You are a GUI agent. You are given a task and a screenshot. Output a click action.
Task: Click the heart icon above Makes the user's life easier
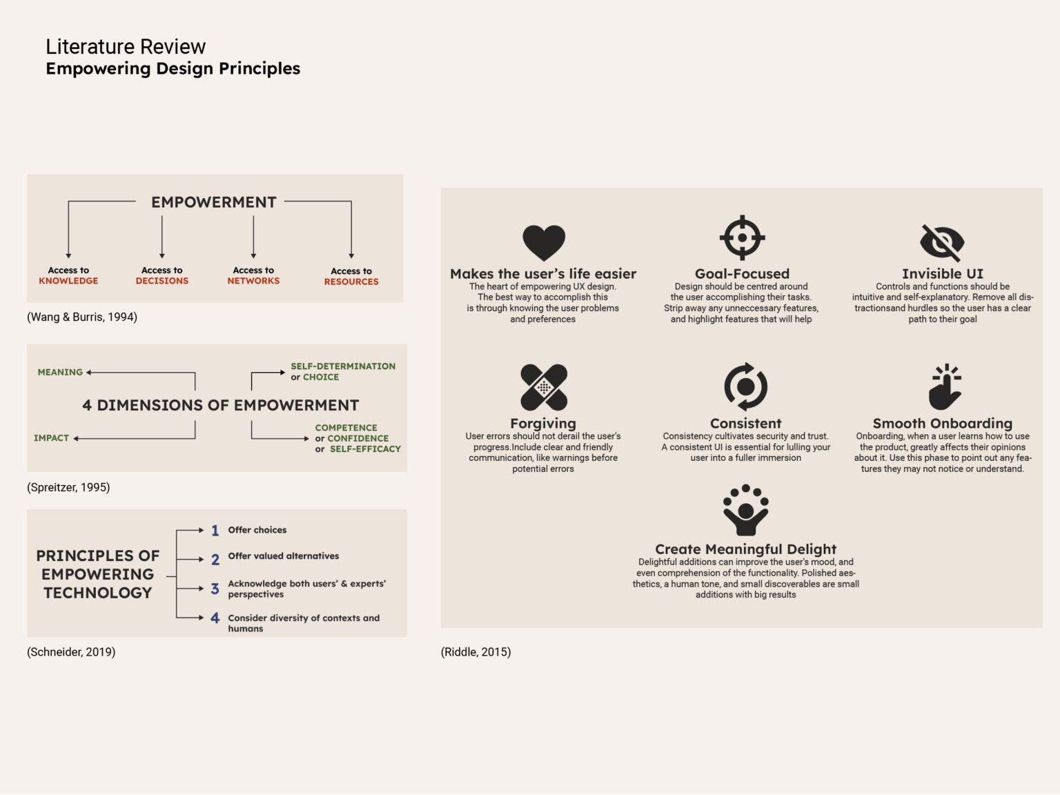pyautogui.click(x=544, y=242)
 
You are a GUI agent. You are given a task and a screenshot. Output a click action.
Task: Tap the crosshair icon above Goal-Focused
pyautogui.click(x=742, y=238)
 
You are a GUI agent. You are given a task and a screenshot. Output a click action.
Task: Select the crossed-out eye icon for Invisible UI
pyautogui.click(x=942, y=242)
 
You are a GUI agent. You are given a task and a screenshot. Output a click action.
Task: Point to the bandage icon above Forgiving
pyautogui.click(x=544, y=387)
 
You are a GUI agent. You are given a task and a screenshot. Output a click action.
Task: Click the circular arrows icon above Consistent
pyautogui.click(x=745, y=387)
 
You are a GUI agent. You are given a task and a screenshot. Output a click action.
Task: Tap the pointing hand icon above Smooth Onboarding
pyautogui.click(x=945, y=387)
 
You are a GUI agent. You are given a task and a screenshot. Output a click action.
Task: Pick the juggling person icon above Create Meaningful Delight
pyautogui.click(x=745, y=511)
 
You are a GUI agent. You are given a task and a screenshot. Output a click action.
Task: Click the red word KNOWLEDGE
pyautogui.click(x=68, y=281)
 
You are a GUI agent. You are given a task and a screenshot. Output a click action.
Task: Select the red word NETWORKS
pyautogui.click(x=253, y=281)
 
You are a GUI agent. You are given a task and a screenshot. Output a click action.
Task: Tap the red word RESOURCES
pyautogui.click(x=351, y=282)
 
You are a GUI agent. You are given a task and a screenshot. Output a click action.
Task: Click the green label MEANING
pyautogui.click(x=60, y=372)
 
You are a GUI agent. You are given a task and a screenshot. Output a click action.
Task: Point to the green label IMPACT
pyautogui.click(x=51, y=438)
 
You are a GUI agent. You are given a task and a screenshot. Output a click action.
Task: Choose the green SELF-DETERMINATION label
pyautogui.click(x=343, y=366)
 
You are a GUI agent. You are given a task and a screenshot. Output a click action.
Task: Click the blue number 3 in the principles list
pyautogui.click(x=215, y=589)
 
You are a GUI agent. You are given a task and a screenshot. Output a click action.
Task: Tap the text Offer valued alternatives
pyautogui.click(x=284, y=556)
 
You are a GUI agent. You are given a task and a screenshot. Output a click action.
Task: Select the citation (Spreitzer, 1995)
pyautogui.click(x=68, y=487)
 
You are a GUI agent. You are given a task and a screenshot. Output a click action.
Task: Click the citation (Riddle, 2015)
pyautogui.click(x=475, y=652)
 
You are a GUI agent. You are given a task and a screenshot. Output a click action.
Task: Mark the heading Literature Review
pyautogui.click(x=126, y=47)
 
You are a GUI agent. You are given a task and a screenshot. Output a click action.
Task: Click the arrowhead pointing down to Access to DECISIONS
pyautogui.click(x=162, y=255)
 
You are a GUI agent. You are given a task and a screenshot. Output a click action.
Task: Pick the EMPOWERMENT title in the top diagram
pyautogui.click(x=214, y=202)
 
